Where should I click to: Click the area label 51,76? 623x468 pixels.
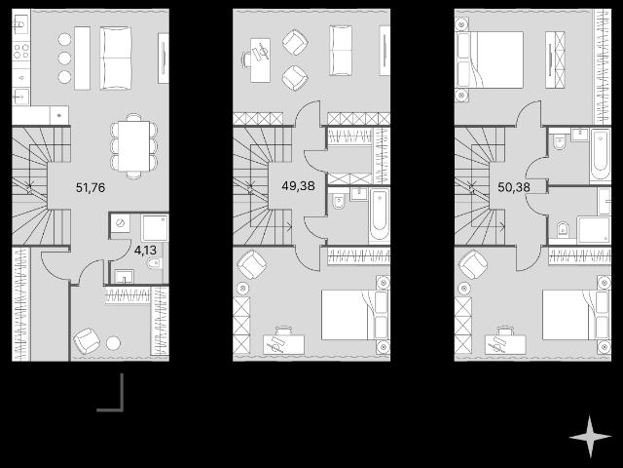coord(91,187)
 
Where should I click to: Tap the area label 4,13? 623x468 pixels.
coord(145,251)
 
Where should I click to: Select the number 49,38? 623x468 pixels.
coord(298,185)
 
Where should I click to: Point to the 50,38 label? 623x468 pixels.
coord(514,187)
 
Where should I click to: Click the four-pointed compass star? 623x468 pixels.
coord(590,437)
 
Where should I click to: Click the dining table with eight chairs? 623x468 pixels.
coord(134,146)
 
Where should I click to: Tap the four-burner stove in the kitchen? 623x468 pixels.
coord(21,52)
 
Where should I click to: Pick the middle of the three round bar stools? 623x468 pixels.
coord(64,58)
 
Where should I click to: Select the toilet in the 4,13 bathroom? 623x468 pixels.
coord(154,263)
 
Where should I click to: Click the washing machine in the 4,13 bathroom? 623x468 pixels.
coord(120,223)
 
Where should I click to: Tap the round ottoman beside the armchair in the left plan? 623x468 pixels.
coord(113,343)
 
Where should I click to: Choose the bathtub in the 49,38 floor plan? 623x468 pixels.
coord(379,215)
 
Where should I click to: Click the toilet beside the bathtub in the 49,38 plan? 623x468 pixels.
coord(339,202)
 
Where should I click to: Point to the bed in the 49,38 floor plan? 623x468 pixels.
coord(355,315)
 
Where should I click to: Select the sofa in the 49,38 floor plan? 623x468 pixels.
coord(341,51)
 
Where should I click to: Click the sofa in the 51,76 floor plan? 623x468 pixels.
coord(116,58)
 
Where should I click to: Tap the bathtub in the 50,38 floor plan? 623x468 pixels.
coord(600,155)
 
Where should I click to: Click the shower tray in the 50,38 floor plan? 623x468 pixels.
coord(594,230)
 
